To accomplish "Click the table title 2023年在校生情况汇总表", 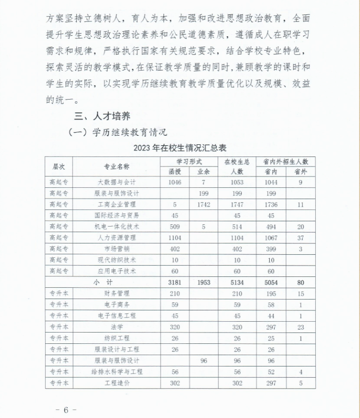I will tap(180, 148).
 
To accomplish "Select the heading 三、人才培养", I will tap(103, 116).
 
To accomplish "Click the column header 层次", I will tap(59, 166).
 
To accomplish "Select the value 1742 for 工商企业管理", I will tap(204, 204).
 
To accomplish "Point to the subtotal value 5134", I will tap(237, 282).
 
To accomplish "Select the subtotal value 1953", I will tap(204, 282).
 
